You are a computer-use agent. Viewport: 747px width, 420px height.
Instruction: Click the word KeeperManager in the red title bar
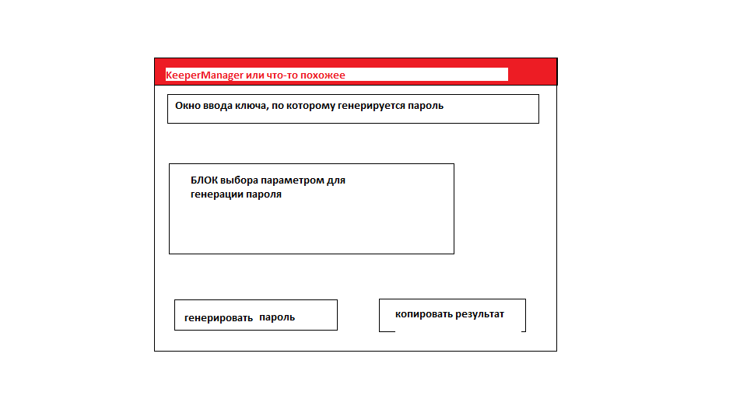[x=205, y=75]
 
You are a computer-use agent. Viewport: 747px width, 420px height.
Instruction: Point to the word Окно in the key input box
[x=188, y=105]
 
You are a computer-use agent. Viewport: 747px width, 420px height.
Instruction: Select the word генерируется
[x=372, y=105]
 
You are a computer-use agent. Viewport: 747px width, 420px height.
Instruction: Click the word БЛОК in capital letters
[x=204, y=180]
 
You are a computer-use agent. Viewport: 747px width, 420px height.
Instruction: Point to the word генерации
[x=216, y=195]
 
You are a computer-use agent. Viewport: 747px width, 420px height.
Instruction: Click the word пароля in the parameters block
[x=264, y=195]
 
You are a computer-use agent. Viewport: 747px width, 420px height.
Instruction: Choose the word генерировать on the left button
[x=219, y=317]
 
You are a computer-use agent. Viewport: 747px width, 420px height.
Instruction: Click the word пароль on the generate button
[x=277, y=317]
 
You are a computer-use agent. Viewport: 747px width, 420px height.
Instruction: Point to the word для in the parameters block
[x=336, y=180]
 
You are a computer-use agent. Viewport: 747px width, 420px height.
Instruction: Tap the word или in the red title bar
[x=256, y=75]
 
